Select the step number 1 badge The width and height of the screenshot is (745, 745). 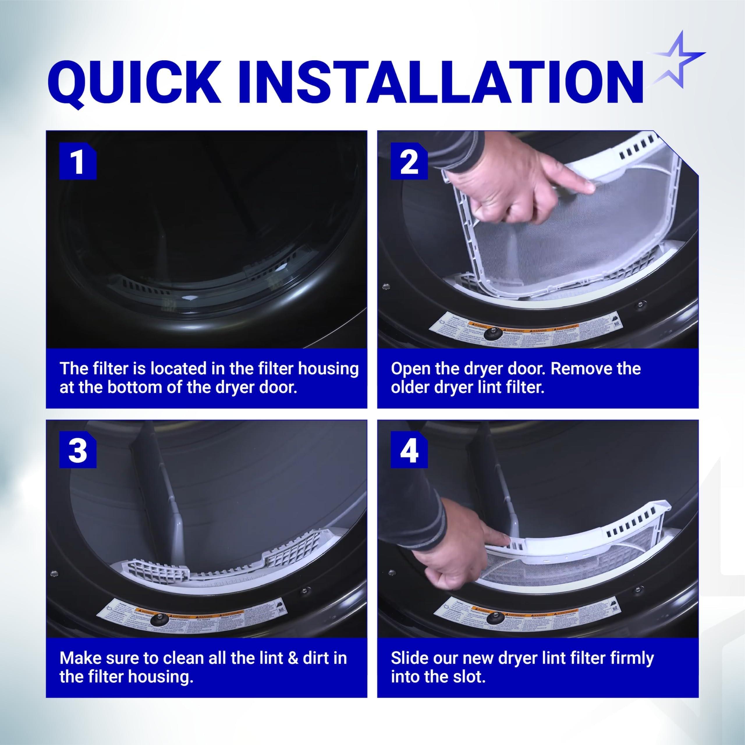77,162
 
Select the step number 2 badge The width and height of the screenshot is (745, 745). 409,162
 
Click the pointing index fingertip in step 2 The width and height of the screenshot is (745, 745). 587,188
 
